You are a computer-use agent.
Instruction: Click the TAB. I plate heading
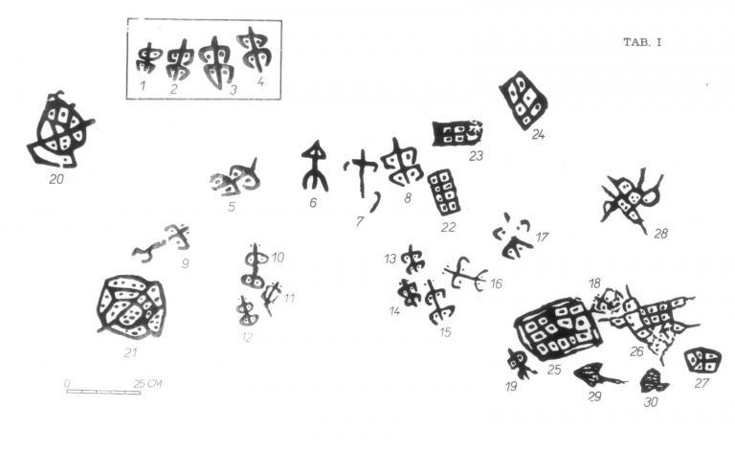click(642, 42)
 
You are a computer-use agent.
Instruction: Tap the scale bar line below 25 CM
click(103, 392)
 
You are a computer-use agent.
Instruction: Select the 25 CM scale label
click(147, 384)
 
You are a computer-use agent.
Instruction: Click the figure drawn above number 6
click(315, 166)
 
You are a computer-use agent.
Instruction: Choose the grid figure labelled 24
click(523, 100)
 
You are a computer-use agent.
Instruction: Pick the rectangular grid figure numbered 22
click(443, 192)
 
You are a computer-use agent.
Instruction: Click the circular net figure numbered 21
click(131, 306)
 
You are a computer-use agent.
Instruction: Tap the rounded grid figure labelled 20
click(60, 130)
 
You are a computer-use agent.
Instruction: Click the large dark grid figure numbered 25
click(558, 328)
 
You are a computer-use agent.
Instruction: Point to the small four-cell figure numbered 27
click(702, 360)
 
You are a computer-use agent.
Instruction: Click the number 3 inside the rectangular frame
click(233, 90)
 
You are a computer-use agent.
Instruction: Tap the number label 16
click(496, 283)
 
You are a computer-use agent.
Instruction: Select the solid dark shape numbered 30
click(654, 381)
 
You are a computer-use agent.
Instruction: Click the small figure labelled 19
click(520, 363)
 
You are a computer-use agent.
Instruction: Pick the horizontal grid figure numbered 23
click(457, 133)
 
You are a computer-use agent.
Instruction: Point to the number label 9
click(185, 263)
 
